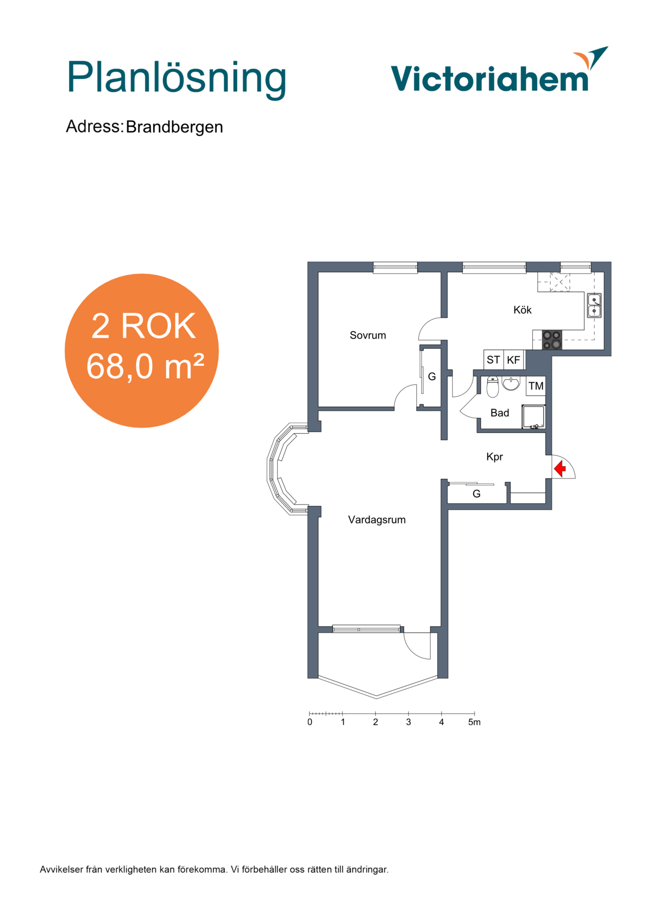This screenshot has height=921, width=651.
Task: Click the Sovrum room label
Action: click(367, 335)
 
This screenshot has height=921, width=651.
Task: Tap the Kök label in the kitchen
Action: click(522, 310)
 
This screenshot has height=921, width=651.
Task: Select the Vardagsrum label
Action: click(377, 520)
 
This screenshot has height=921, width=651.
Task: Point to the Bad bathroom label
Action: click(500, 413)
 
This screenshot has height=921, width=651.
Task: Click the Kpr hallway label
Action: click(495, 457)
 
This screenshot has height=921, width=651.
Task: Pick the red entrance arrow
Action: click(560, 467)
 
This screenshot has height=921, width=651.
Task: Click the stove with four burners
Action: click(552, 340)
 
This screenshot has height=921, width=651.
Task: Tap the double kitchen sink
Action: click(594, 306)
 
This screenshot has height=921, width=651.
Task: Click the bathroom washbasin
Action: click(511, 384)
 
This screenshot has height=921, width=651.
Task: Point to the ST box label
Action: click(493, 360)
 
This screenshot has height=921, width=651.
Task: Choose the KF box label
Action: click(513, 360)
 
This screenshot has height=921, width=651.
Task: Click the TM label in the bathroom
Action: click(536, 386)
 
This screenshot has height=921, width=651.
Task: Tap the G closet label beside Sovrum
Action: click(432, 376)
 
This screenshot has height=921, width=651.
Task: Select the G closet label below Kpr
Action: click(477, 494)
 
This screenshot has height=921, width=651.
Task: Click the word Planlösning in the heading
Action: click(176, 79)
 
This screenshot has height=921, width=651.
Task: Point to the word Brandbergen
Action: click(174, 127)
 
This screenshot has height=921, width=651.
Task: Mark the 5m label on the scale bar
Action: click(475, 723)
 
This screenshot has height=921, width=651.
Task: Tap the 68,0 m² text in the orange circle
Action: click(145, 366)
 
